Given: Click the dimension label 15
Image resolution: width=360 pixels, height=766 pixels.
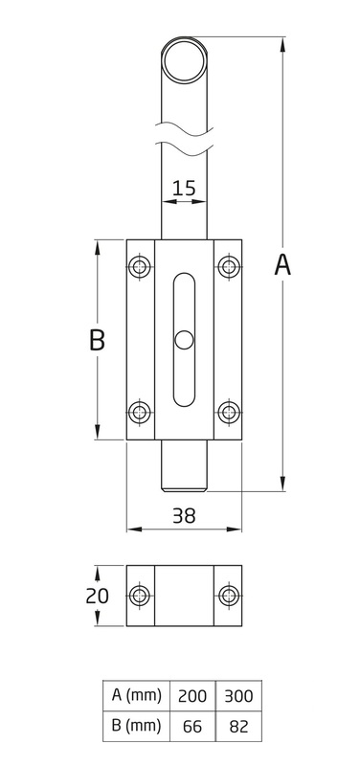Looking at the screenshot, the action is pyautogui.click(x=184, y=188).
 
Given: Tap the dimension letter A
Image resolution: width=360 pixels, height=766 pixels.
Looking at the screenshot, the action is pyautogui.click(x=282, y=265).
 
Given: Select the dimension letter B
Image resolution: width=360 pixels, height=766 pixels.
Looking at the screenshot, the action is pyautogui.click(x=98, y=340).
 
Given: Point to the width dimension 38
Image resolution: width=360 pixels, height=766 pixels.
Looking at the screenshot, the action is pyautogui.click(x=184, y=516).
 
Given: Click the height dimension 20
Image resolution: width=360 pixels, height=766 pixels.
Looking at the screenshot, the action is pyautogui.click(x=98, y=596).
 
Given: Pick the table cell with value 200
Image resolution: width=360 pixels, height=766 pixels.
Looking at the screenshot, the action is pyautogui.click(x=192, y=696).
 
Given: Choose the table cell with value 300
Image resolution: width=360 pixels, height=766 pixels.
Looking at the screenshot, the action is pyautogui.click(x=238, y=696).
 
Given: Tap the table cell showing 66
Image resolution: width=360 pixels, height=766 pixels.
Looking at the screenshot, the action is pyautogui.click(x=192, y=727).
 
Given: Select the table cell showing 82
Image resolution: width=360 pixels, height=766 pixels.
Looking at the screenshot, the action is pyautogui.click(x=238, y=727).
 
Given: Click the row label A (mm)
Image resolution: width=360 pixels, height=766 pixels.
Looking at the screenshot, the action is pyautogui.click(x=136, y=696).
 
